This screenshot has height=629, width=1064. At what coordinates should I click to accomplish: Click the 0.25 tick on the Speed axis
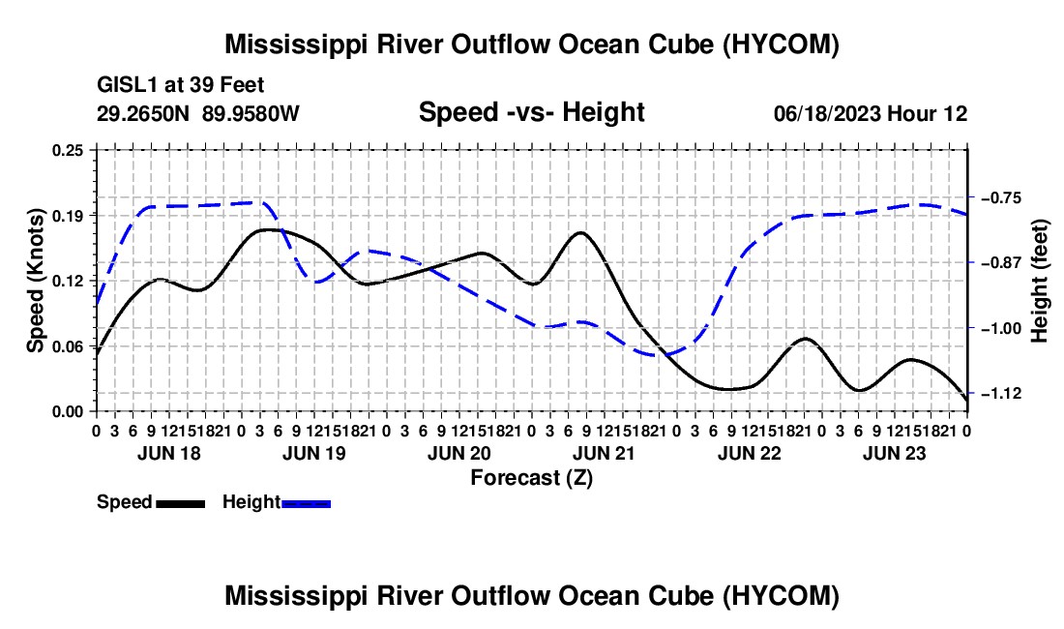(68, 150)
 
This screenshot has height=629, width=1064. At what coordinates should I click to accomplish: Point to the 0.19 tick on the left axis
(68, 216)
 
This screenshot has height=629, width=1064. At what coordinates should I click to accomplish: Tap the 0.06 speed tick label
(68, 346)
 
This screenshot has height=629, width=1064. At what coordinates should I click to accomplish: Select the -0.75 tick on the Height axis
(1001, 198)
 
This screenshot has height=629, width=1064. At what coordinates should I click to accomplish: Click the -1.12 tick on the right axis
(1001, 394)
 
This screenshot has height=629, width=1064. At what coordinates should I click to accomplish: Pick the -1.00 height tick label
(1001, 328)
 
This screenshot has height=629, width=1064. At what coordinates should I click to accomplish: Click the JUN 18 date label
(169, 453)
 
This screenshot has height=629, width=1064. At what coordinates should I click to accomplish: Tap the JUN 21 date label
(604, 453)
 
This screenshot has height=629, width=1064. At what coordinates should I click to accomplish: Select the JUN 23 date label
(895, 453)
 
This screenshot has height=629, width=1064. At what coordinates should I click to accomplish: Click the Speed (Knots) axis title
(35, 281)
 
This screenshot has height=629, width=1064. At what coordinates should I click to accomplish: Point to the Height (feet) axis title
(1040, 281)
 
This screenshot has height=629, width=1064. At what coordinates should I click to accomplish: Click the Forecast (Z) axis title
(531, 478)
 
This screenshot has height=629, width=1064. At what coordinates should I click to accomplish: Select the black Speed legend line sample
(181, 503)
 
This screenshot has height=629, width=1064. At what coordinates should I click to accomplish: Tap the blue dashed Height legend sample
(306, 503)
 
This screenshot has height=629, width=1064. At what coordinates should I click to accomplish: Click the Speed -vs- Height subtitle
(531, 112)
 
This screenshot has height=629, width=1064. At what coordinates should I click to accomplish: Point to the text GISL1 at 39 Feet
(181, 85)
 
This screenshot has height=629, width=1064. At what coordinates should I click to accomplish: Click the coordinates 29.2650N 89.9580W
(198, 113)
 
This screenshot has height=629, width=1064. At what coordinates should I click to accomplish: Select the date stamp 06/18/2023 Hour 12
(871, 113)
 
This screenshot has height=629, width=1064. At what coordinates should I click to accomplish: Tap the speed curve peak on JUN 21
(581, 232)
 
